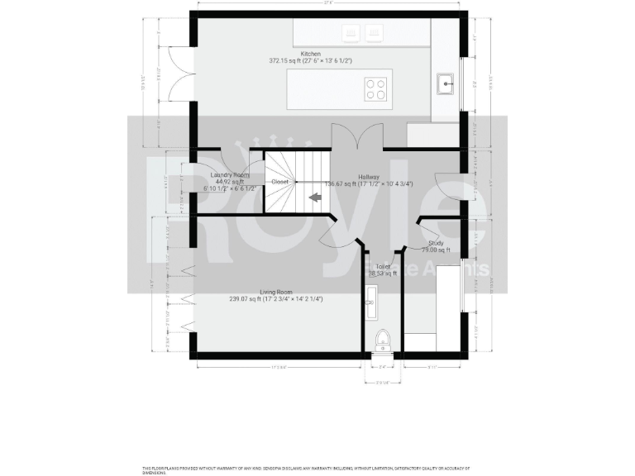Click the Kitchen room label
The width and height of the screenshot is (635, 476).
click(x=288, y=54)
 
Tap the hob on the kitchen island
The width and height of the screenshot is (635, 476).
click(x=376, y=88)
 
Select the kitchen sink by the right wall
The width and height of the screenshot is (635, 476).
click(x=446, y=83)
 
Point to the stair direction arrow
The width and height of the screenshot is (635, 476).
click(x=315, y=198)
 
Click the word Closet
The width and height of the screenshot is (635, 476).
click(x=280, y=182)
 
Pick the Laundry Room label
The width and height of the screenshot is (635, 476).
click(x=231, y=175)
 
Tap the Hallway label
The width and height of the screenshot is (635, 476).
click(x=369, y=177)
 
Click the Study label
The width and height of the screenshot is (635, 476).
click(x=436, y=243)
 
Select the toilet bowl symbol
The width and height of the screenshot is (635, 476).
click(x=381, y=340)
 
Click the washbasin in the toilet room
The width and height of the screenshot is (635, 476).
click(x=370, y=302)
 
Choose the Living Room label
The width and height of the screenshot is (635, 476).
click(x=276, y=292)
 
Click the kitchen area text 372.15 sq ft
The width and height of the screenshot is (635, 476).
click(x=286, y=61)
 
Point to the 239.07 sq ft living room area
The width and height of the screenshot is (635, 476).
click(x=245, y=299)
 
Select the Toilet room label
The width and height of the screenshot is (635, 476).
click(x=383, y=267)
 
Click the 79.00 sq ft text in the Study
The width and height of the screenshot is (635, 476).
click(x=435, y=250)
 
